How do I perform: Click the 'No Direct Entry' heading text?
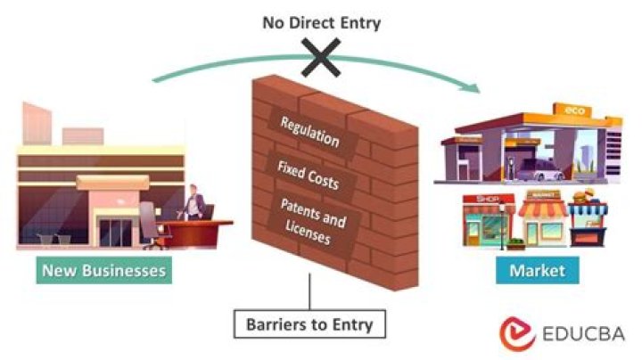[321, 21]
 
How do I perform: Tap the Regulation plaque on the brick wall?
[309, 130]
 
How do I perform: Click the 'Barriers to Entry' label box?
[311, 324]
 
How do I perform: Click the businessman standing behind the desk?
[195, 202]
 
